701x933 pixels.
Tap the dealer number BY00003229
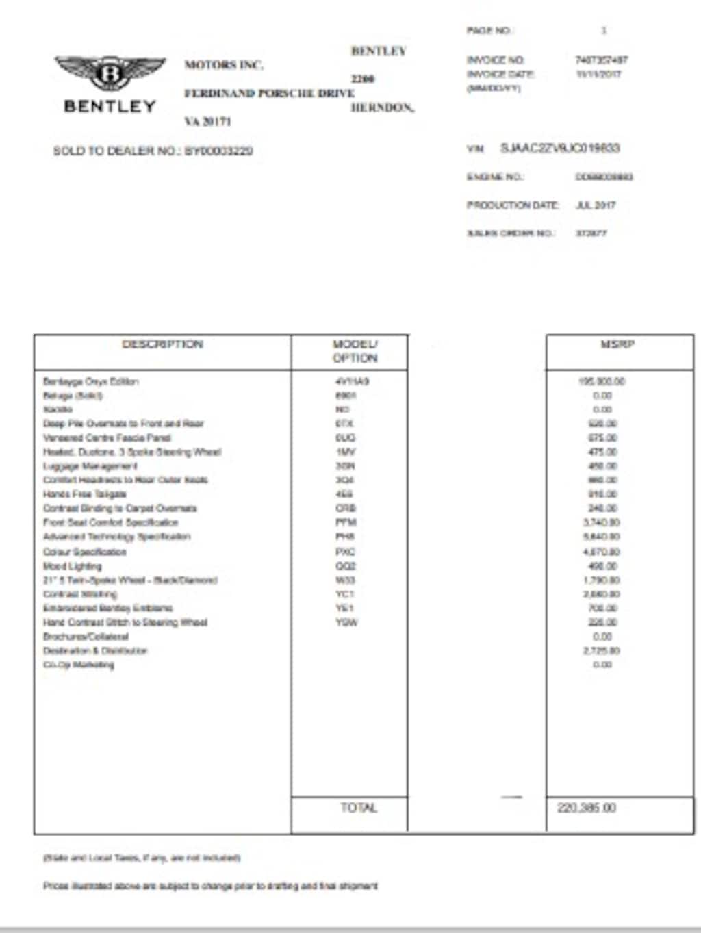218,151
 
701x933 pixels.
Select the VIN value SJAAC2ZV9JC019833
560,148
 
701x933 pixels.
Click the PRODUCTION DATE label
513,205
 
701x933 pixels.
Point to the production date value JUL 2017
596,205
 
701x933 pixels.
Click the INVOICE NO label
496,60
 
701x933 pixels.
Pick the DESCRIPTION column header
162,344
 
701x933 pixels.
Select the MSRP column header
617,344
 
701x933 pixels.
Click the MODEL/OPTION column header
355,351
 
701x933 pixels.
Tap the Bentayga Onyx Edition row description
91,381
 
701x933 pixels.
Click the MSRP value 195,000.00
602,381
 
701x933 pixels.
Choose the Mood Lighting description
73,566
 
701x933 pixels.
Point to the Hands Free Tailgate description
85,494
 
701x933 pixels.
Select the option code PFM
346,522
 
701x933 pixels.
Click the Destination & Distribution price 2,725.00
602,650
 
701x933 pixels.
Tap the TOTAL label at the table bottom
359,808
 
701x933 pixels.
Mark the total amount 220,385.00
587,808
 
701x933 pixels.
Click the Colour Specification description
85,551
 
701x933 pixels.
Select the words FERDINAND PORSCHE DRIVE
269,93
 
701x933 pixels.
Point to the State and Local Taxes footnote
142,857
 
